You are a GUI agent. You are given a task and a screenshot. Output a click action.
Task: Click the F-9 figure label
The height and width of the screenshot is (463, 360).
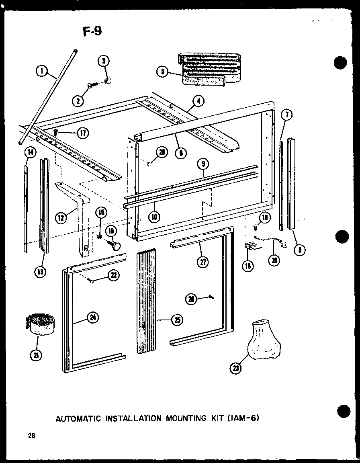pos(92,31)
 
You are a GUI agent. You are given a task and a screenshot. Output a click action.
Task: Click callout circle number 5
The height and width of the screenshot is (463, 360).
pos(162,72)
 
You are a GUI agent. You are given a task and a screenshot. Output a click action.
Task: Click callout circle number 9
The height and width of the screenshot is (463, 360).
pos(204,164)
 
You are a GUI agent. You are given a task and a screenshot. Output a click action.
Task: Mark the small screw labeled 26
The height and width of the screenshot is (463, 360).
pos(211,297)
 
